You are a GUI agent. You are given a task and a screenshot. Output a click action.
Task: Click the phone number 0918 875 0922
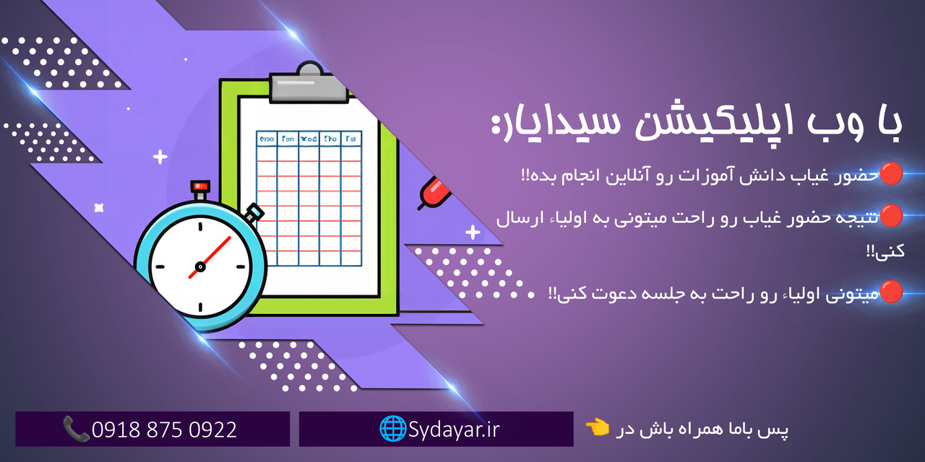(x=164, y=430)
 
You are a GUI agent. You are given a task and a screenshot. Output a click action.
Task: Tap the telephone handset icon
(x=75, y=429)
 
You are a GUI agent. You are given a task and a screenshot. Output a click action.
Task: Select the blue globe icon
(x=392, y=429)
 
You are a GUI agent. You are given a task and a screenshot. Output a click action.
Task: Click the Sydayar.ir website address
(x=454, y=430)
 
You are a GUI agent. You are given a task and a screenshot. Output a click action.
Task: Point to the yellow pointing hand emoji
(x=597, y=428)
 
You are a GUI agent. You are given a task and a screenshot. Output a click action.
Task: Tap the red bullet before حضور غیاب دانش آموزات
(x=891, y=173)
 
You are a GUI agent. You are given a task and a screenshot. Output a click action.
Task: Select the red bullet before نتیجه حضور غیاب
(x=891, y=214)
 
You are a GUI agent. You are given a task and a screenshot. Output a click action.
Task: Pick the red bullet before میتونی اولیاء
(x=891, y=292)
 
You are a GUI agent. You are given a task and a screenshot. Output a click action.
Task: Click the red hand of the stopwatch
(x=210, y=256)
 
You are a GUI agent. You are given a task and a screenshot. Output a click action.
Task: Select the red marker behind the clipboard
(x=434, y=191)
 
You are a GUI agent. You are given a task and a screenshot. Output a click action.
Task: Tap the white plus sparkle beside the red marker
(x=473, y=232)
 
